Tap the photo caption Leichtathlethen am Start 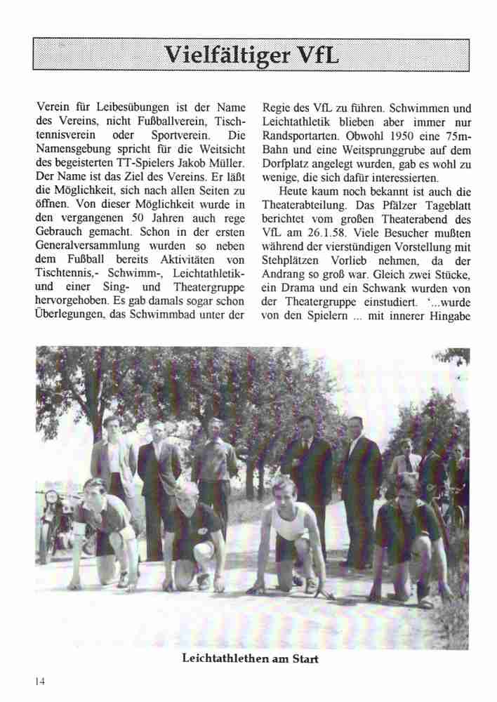coord(250,658)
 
